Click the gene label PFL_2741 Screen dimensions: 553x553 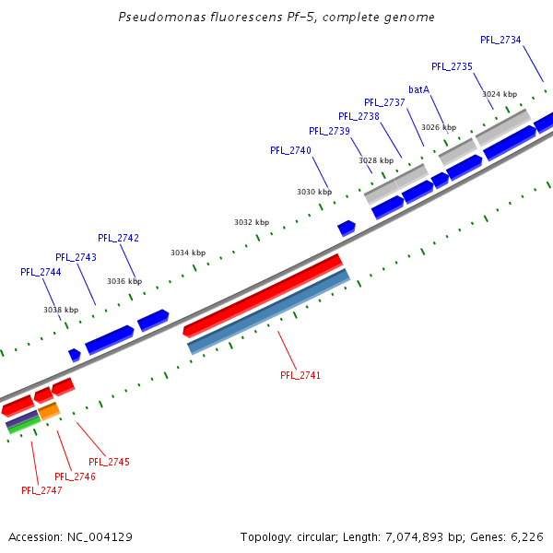(301, 375)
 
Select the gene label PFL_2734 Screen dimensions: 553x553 (500, 40)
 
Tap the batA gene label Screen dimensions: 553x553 (418, 89)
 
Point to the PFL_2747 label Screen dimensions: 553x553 (41, 490)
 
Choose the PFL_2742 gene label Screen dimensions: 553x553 (118, 238)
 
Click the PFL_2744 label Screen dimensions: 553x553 (41, 272)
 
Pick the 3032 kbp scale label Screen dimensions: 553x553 (252, 222)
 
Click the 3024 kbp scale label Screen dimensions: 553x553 (500, 94)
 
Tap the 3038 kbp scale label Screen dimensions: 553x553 (61, 310)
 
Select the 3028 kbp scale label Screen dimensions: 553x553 (376, 160)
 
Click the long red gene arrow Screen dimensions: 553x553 (264, 295)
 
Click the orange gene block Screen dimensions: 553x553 (49, 410)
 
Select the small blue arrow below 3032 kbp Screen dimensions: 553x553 (347, 228)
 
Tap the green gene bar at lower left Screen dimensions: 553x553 (23, 425)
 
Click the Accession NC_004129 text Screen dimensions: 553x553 (70, 536)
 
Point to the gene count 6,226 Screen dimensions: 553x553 (526, 536)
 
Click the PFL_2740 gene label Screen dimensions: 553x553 (290, 150)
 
